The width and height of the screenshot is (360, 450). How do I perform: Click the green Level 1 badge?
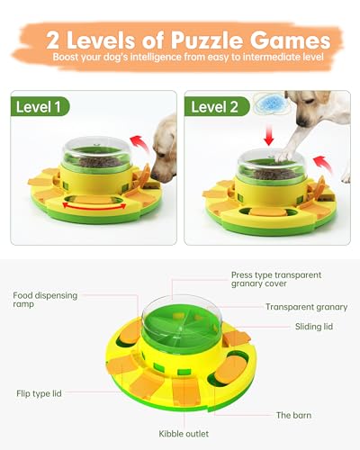tap(43, 106)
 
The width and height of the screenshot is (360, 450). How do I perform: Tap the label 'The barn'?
tap(294, 415)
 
